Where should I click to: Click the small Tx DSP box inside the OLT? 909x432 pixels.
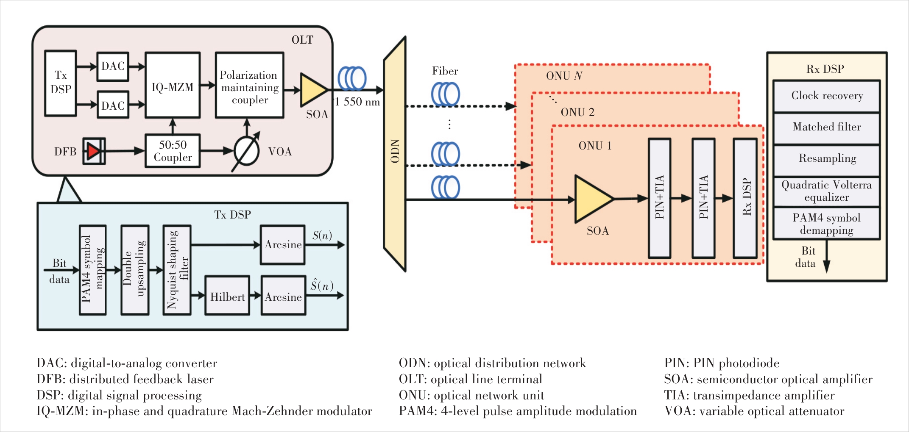[x=61, y=83]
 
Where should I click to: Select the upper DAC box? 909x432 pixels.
[x=113, y=66]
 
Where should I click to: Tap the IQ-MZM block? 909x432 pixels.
[x=173, y=85]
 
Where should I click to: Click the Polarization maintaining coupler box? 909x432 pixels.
[x=249, y=85]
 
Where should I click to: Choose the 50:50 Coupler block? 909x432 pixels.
[x=173, y=151]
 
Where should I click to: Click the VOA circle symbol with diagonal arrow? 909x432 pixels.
[x=247, y=151]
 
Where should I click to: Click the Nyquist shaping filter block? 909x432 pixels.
[x=177, y=270]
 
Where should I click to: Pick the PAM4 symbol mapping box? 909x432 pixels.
[x=93, y=270]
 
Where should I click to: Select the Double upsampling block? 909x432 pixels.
[x=135, y=270]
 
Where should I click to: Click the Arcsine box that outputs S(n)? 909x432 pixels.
[x=283, y=245]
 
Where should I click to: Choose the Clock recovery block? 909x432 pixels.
[x=827, y=96]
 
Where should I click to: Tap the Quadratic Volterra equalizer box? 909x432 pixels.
[x=827, y=191]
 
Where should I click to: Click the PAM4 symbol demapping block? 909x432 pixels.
[x=827, y=224]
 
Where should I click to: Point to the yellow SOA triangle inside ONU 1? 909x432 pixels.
[x=592, y=199]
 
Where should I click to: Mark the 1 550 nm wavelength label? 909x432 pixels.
[x=357, y=102]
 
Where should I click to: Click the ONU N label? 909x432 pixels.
[x=564, y=76]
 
